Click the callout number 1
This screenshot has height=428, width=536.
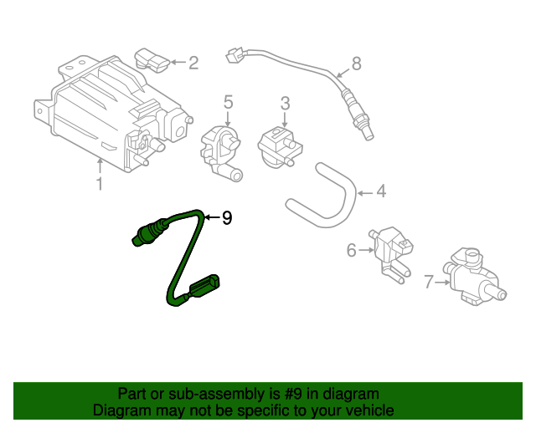(99, 184)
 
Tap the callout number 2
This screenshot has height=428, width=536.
(193, 62)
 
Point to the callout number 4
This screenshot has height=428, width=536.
(381, 192)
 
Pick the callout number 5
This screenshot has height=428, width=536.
(227, 103)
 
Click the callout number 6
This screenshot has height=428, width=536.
(352, 249)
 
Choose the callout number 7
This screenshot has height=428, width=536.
(429, 283)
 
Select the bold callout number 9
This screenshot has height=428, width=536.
(225, 218)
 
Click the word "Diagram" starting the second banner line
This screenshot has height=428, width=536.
(121, 410)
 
